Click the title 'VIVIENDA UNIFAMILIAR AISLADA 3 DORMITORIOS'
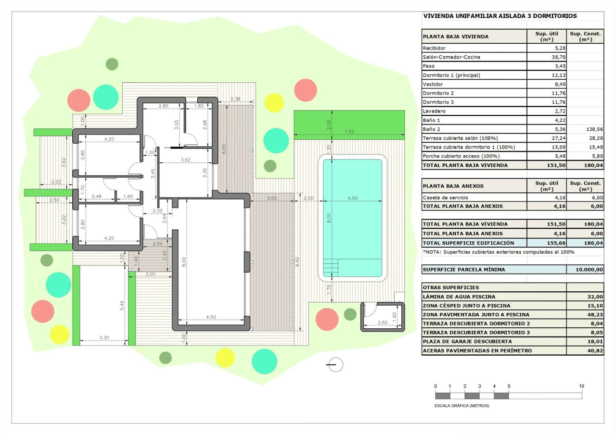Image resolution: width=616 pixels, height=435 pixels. pyautogui.click(x=500, y=16)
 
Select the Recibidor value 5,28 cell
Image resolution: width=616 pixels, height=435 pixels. pyautogui.click(x=546, y=48)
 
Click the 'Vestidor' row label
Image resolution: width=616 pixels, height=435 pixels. pyautogui.click(x=433, y=84)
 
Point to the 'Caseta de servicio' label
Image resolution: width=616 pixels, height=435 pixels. pyautogui.click(x=445, y=198)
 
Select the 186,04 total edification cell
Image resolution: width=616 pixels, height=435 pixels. pyautogui.click(x=585, y=243)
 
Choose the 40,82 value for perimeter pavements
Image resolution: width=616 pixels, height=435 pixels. pyautogui.click(x=595, y=350)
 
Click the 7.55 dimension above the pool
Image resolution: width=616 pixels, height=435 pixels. pyautogui.click(x=349, y=132)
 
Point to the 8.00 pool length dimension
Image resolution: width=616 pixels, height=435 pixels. pyautogui.click(x=329, y=218)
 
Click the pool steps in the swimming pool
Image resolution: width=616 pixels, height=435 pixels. pyautogui.click(x=331, y=267)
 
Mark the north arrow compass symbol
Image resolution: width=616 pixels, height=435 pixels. pyautogui.click(x=335, y=365)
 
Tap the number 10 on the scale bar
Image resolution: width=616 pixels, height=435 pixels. pyautogui.click(x=581, y=386)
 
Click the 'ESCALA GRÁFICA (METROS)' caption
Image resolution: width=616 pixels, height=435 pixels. pyautogui.click(x=462, y=406)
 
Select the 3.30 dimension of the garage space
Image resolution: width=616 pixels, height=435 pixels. pyautogui.click(x=104, y=337)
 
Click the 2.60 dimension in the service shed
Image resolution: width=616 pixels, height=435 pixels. pyautogui.click(x=382, y=323)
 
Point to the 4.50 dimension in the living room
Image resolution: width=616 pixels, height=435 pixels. pyautogui.click(x=211, y=317)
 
